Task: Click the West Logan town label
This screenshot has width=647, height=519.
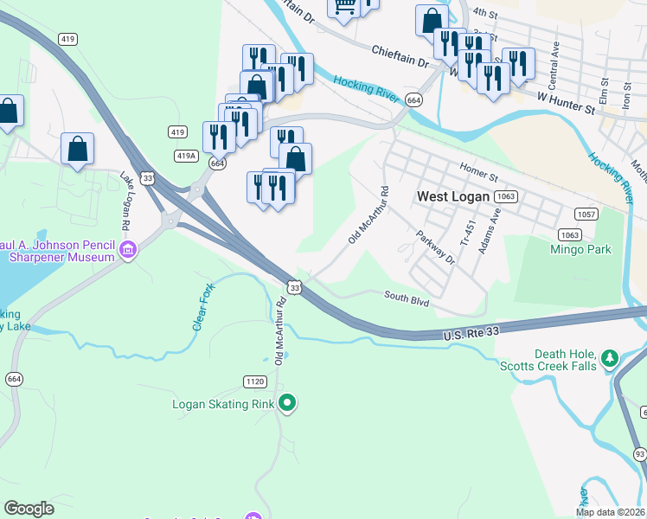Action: tap(454, 196)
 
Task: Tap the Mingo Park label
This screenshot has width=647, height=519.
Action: tap(580, 250)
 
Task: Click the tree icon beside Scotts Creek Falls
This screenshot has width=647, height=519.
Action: tap(610, 357)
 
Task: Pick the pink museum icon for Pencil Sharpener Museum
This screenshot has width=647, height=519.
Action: tap(129, 251)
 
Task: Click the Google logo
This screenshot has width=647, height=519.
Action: tap(29, 508)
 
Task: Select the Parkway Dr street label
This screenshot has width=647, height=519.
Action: tap(435, 247)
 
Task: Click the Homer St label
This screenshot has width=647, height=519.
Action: tap(481, 172)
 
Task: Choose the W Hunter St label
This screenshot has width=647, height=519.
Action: tap(567, 104)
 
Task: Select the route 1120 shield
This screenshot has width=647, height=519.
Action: tap(254, 381)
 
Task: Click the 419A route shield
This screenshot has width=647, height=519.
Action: tap(185, 156)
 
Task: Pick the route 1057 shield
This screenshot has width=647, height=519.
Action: tap(586, 214)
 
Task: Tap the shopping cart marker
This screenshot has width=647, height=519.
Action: tap(344, 8)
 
